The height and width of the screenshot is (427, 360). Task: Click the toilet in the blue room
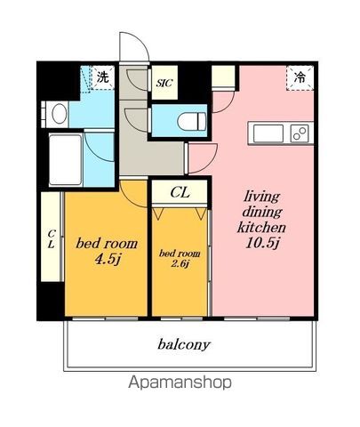pyautogui.click(x=192, y=121)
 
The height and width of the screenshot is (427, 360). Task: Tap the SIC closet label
pyautogui.click(x=164, y=83)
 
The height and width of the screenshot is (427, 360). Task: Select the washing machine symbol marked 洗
pyautogui.click(x=102, y=77)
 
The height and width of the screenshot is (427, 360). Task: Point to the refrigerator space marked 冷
pyautogui.click(x=300, y=78)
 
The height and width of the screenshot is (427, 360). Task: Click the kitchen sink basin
pyautogui.click(x=268, y=133)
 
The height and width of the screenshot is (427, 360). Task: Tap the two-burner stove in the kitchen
pyautogui.click(x=300, y=133)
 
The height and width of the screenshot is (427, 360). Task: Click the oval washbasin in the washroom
pyautogui.click(x=60, y=113)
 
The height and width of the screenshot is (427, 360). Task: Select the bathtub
pyautogui.click(x=65, y=160)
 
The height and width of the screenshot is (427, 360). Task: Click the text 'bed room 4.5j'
pyautogui.click(x=107, y=251)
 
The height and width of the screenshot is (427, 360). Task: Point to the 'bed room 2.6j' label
pyautogui.click(x=180, y=258)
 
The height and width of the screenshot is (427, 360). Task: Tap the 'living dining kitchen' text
pyautogui.click(x=261, y=212)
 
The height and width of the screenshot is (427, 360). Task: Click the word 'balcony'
pyautogui.click(x=184, y=345)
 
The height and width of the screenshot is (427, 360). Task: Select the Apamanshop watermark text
pyautogui.click(x=180, y=383)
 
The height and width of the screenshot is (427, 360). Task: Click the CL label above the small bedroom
pyautogui.click(x=180, y=193)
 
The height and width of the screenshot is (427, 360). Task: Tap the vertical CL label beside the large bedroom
pyautogui.click(x=52, y=239)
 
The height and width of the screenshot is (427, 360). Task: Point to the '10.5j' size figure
pyautogui.click(x=262, y=243)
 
